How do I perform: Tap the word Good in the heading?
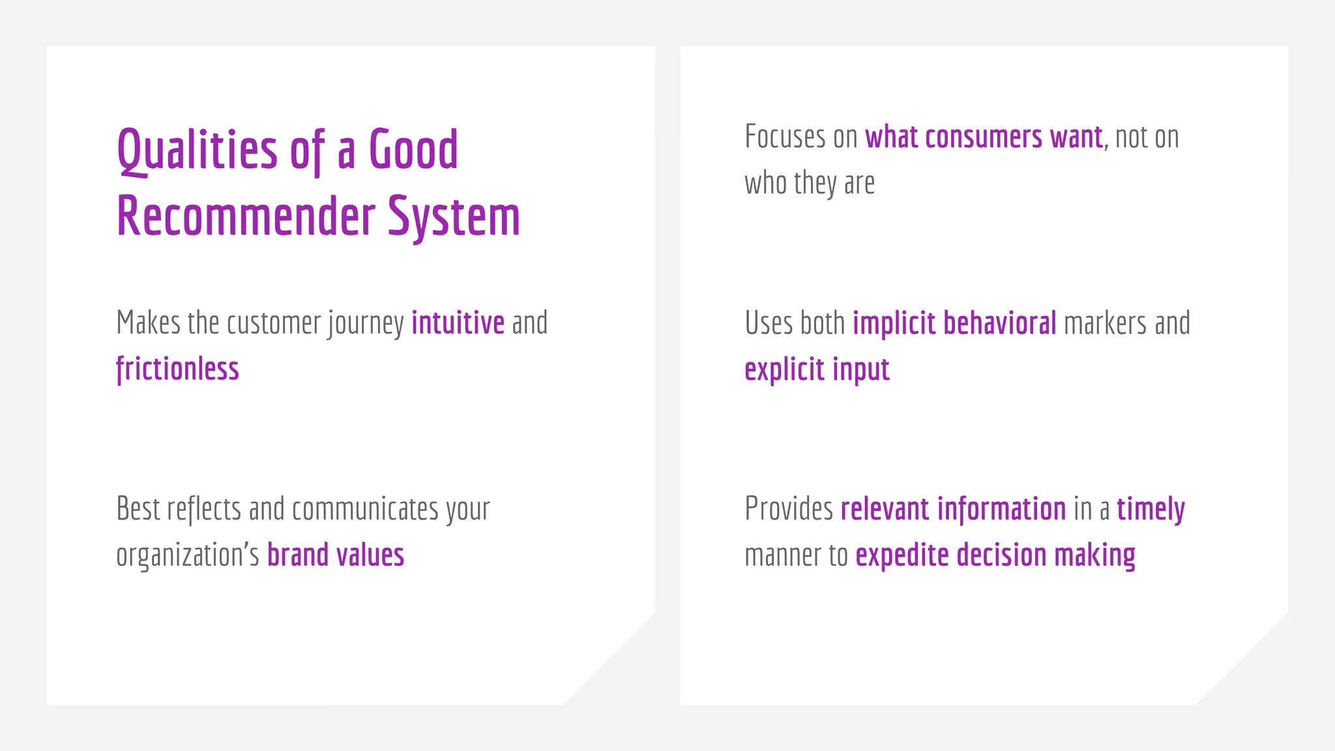point(413,149)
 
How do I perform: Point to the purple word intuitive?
point(458,323)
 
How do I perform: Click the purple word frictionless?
point(177,369)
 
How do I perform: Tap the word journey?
point(366,323)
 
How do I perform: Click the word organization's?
point(188,555)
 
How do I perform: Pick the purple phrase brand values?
point(336,555)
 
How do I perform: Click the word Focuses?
point(785,137)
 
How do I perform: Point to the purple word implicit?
point(894,323)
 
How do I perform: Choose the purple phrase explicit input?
point(817,370)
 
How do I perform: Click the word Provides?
point(789,508)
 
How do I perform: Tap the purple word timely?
point(1151,509)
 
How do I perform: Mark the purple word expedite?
point(902,555)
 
